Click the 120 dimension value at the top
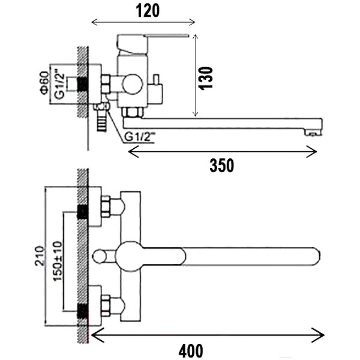coord(148,11)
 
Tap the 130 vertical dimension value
coord(206,78)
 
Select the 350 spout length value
coord(222,166)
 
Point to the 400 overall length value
coord(191,351)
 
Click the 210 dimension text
coord(39,256)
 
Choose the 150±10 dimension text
coord(58,261)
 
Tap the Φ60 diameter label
coord(44,83)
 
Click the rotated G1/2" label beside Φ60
coord(59,83)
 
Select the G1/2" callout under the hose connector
coord(139,137)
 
